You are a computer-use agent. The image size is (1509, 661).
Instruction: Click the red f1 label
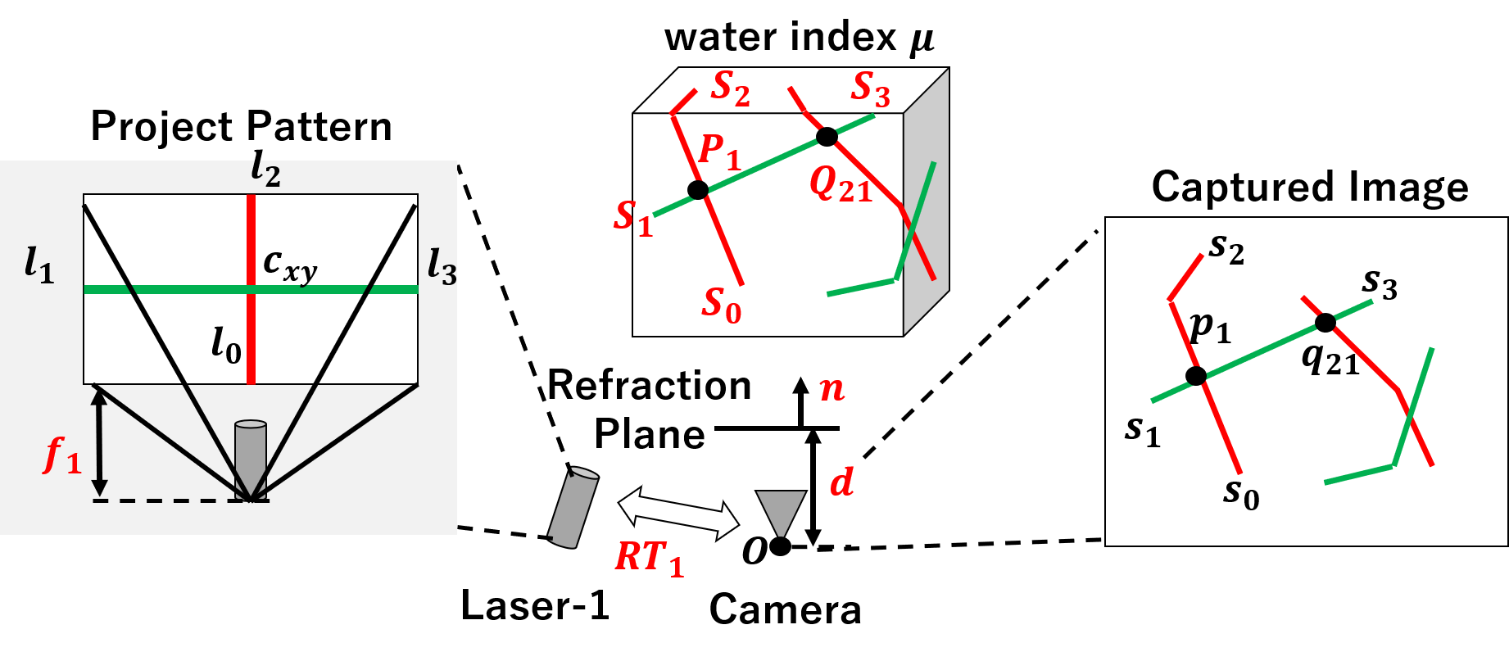click(62, 455)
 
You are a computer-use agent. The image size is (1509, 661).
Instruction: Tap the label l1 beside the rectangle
click(39, 265)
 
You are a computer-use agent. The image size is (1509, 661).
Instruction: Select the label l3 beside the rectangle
click(442, 267)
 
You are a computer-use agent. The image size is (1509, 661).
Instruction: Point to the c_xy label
click(289, 264)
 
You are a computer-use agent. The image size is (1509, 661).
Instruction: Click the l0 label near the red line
click(226, 345)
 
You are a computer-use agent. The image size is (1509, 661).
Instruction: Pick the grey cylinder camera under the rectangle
click(251, 459)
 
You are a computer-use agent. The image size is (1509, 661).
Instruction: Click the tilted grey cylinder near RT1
click(573, 507)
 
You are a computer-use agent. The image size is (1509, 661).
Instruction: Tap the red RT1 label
click(649, 559)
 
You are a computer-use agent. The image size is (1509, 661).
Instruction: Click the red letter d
click(841, 482)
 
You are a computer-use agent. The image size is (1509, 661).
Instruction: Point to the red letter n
click(832, 388)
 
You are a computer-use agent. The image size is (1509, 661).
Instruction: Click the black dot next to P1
click(698, 190)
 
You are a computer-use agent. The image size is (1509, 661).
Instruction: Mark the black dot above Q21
click(827, 137)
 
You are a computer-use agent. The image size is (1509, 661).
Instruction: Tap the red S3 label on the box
click(871, 88)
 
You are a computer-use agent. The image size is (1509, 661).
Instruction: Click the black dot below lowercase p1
click(1196, 376)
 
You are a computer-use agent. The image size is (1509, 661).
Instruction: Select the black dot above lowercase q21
click(1325, 323)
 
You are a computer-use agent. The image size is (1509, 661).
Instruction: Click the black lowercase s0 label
click(1241, 493)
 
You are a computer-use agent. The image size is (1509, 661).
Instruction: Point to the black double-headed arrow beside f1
click(100, 441)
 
